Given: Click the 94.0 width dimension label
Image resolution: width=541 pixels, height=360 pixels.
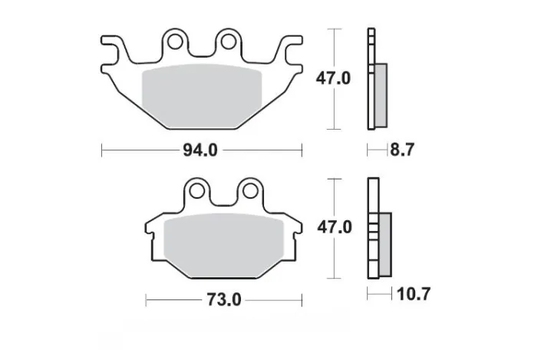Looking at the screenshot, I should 202,150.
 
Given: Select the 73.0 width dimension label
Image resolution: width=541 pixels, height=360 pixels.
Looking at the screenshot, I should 225,299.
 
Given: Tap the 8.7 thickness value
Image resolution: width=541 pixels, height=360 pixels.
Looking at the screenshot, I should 403,150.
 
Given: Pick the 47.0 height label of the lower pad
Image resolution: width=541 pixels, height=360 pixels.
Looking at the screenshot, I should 334,227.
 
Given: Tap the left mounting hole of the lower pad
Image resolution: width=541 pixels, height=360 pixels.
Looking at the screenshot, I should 198,189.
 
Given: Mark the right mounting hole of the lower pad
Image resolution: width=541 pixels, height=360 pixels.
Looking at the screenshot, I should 250,189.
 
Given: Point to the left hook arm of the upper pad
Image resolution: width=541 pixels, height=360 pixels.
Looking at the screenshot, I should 112,48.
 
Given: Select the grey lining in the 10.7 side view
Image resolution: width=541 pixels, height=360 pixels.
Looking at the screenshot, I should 385,241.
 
